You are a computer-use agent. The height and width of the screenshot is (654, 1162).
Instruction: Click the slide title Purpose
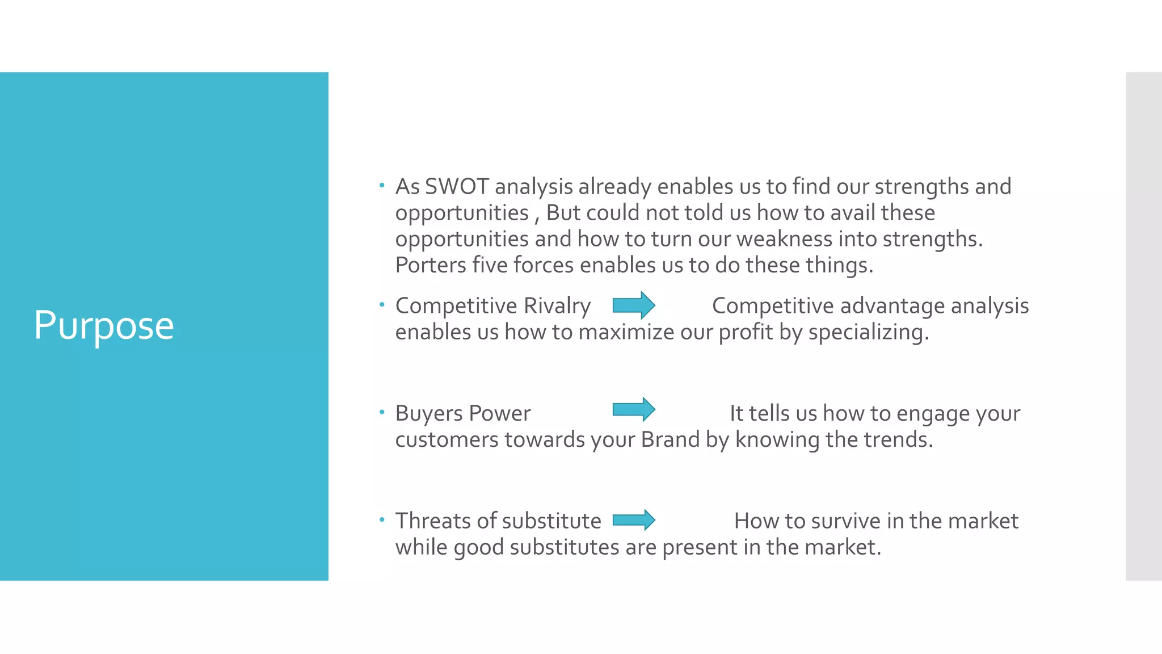pos(104,326)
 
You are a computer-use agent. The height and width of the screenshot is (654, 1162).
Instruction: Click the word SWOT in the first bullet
pos(457,187)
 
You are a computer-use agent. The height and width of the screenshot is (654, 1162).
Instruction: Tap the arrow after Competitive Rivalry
pos(634,305)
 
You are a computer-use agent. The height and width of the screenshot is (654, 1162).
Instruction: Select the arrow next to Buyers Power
pos(634,409)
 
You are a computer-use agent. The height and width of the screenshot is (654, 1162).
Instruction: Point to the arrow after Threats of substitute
pos(634,519)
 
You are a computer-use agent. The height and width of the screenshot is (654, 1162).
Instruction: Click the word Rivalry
pos(557,306)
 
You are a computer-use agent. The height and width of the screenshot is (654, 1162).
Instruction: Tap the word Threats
pos(433,521)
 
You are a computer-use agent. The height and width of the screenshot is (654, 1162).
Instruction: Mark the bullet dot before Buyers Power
pos(382,412)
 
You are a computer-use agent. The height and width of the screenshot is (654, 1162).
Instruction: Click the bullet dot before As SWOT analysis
pos(382,185)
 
